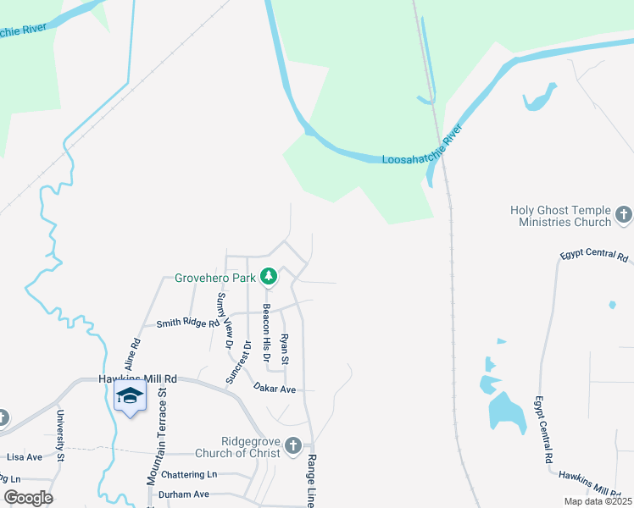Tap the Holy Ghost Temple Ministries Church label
pos(560,216)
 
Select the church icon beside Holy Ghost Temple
pos(625,215)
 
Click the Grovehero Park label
pos(215,277)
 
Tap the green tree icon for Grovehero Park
pos(269,276)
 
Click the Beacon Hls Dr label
pos(265,334)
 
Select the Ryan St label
pos(285,349)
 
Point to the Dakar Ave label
pos(274,388)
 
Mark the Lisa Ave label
pos(25,456)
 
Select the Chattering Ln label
pos(189,474)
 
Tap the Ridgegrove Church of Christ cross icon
pos(292,445)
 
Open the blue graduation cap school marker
pos(129,395)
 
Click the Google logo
pos(28,498)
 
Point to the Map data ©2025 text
pos(596,501)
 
